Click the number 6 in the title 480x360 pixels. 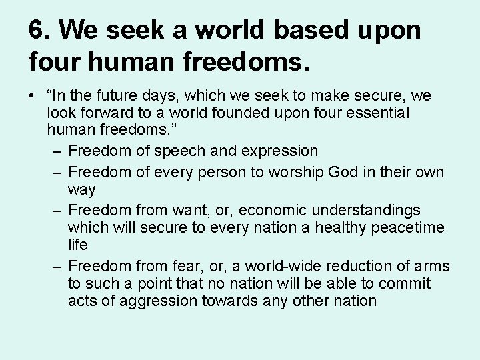(x=37, y=31)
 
